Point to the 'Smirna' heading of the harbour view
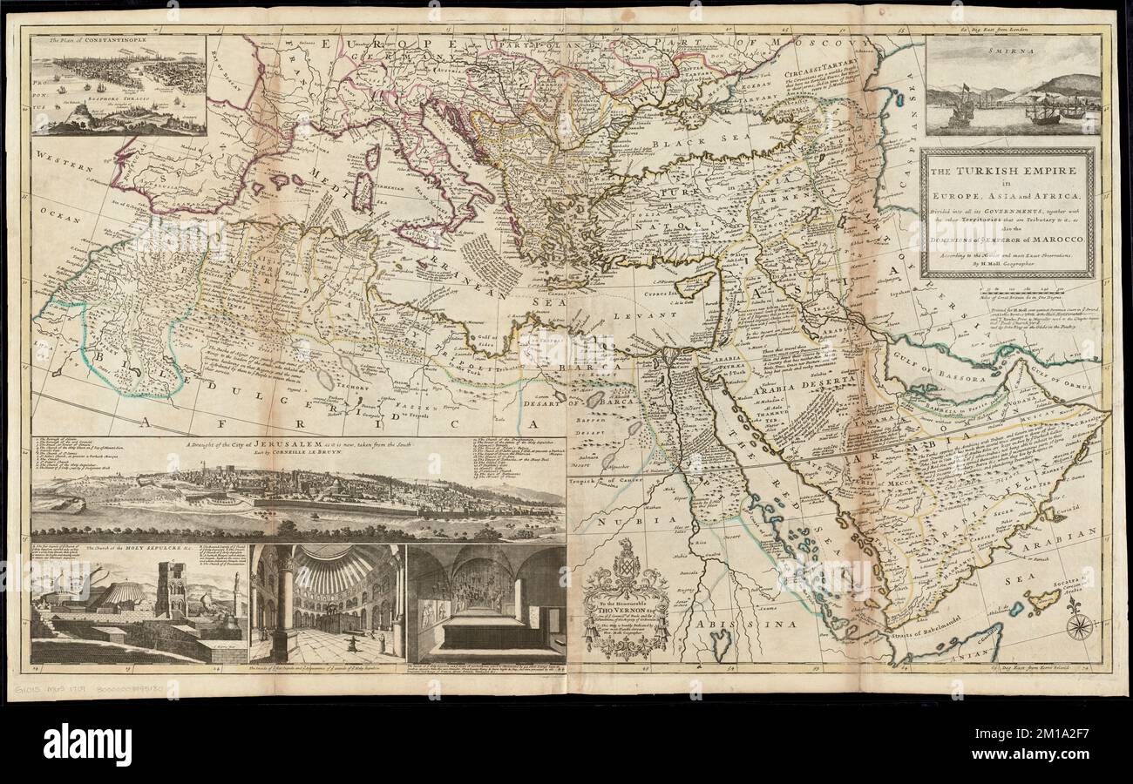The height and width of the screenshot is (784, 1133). click(1011, 51)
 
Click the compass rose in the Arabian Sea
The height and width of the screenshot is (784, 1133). click(1079, 625)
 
